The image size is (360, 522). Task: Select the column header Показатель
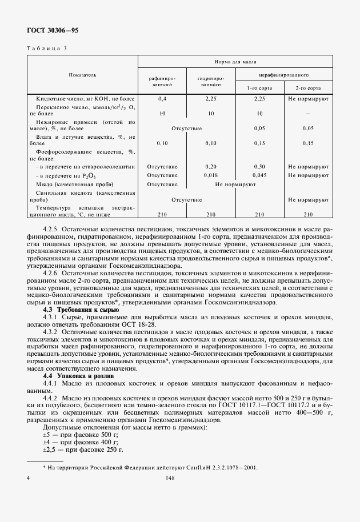point(82,75)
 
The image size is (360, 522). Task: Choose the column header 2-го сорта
point(308,89)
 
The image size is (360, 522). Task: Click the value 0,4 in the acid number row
point(162,99)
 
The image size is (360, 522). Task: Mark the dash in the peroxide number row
point(308,114)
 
